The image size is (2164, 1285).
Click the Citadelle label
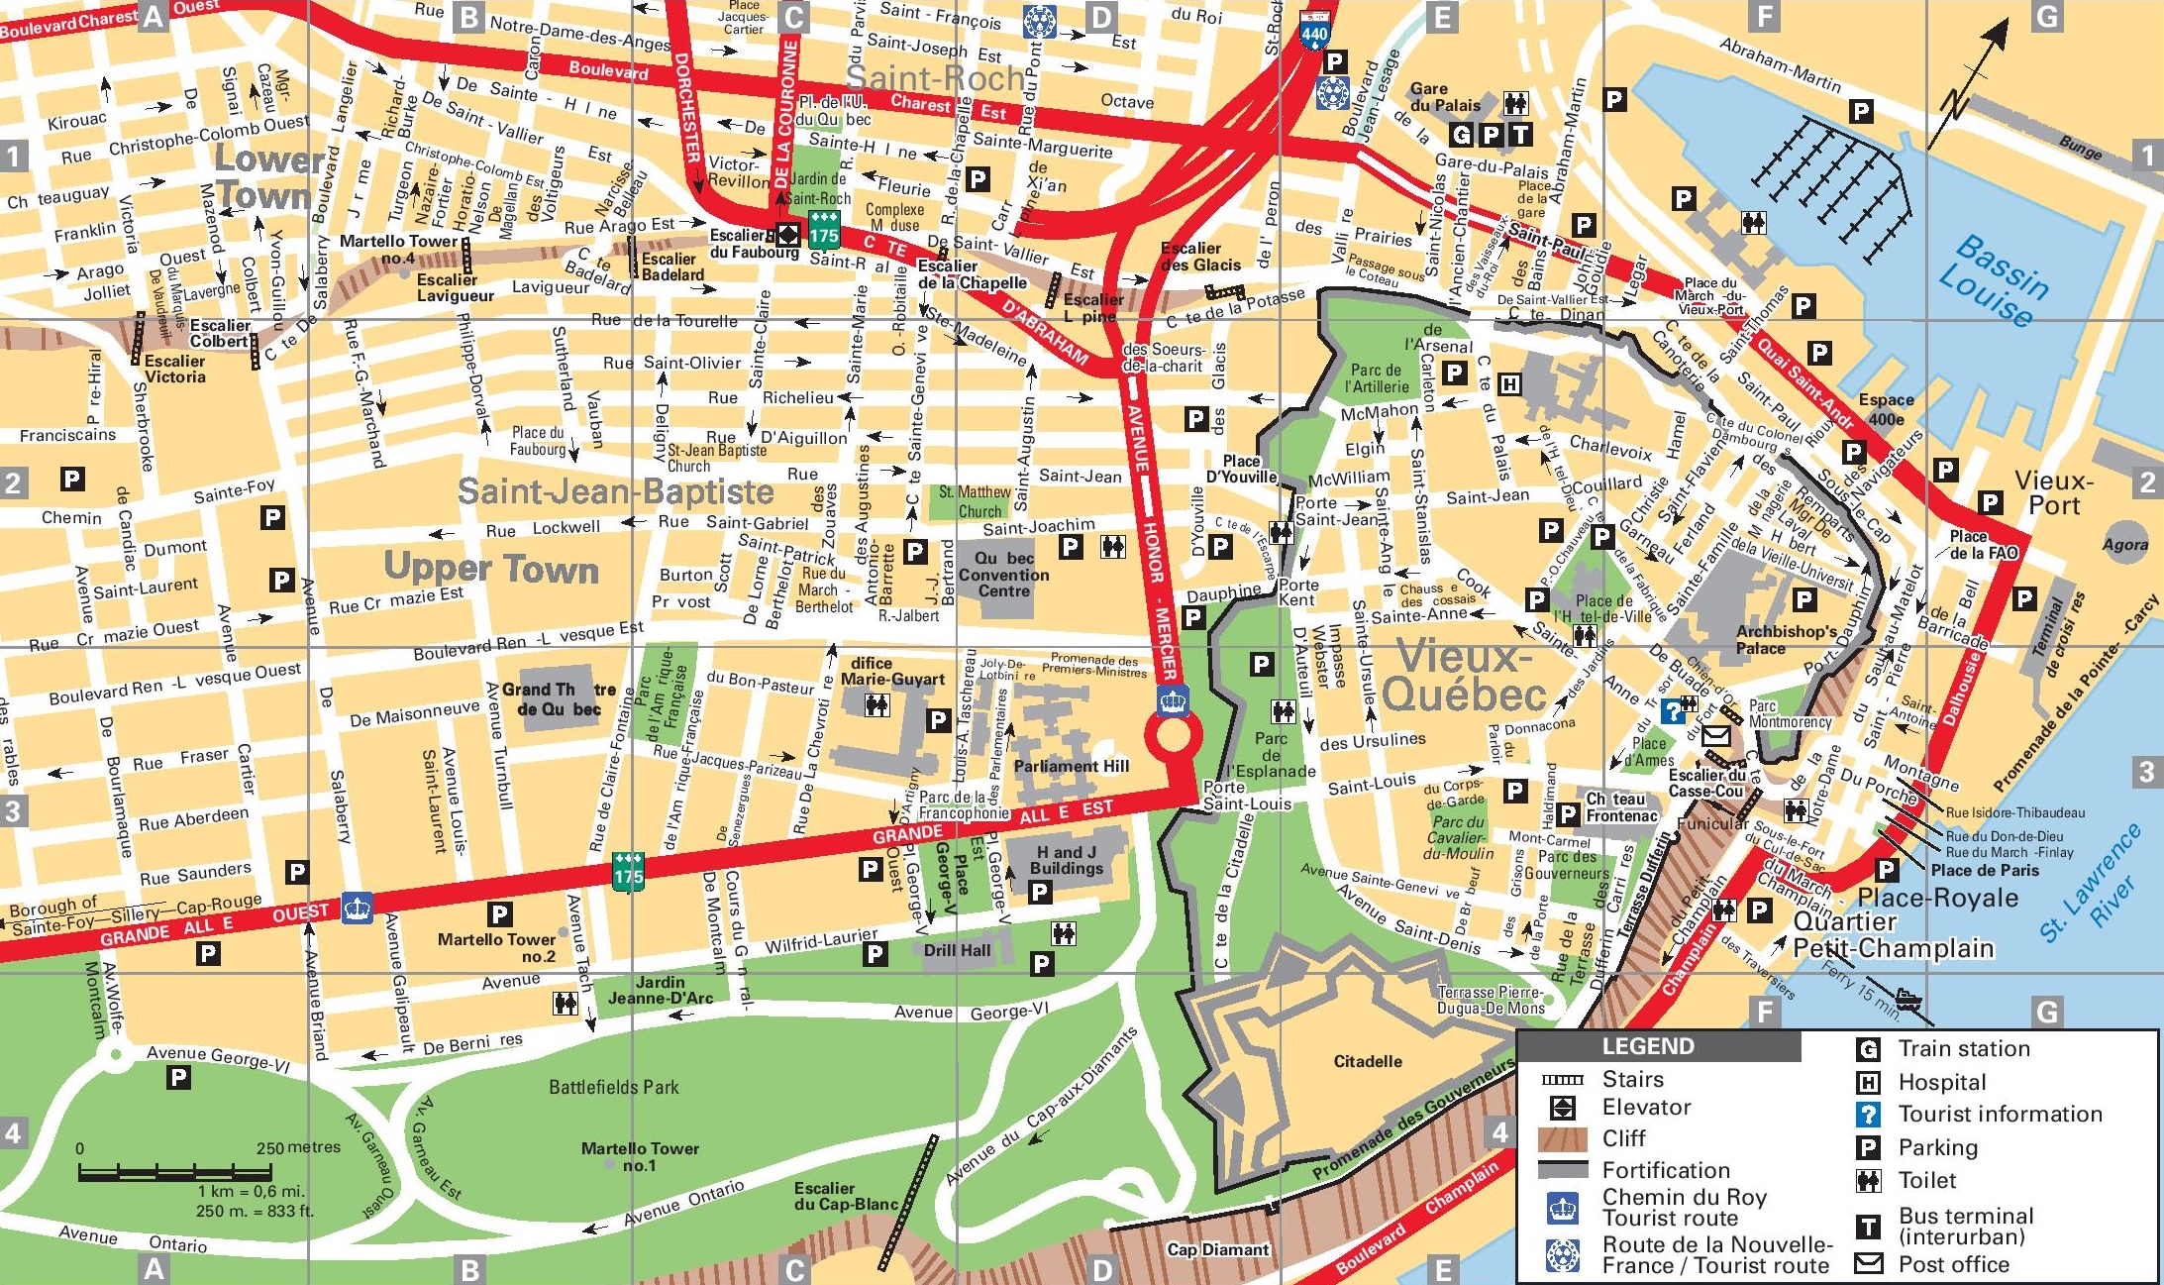pyautogui.click(x=1367, y=1061)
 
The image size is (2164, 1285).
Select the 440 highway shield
pyautogui.click(x=1314, y=33)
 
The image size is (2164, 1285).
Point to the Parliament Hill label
pyautogui.click(x=1071, y=766)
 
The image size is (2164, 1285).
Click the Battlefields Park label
pyautogui.click(x=614, y=1087)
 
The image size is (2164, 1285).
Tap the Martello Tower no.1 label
pyautogui.click(x=640, y=1156)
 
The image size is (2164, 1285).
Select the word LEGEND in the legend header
pyautogui.click(x=1648, y=1046)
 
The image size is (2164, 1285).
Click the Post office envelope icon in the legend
pyautogui.click(x=1868, y=1263)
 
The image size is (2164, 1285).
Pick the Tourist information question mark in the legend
pyautogui.click(x=1868, y=1115)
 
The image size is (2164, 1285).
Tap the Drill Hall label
pyautogui.click(x=957, y=950)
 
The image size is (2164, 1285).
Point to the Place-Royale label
pyautogui.click(x=1937, y=898)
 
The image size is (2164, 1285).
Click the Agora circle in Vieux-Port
pyautogui.click(x=2125, y=543)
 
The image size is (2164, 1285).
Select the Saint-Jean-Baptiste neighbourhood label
pyautogui.click(x=615, y=491)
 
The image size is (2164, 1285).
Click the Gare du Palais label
pyautogui.click(x=1444, y=97)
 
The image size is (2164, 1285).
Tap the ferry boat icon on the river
pyautogui.click(x=1908, y=998)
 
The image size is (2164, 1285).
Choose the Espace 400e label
pyautogui.click(x=1886, y=408)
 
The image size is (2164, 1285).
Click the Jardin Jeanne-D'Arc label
pyautogui.click(x=660, y=990)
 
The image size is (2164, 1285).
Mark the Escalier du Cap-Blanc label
pyautogui.click(x=845, y=1196)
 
